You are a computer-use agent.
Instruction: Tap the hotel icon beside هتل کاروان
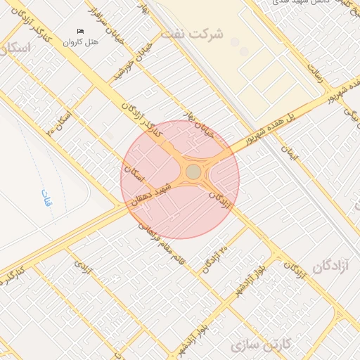[x=80, y=32]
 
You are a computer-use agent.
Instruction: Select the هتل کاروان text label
[x=78, y=43]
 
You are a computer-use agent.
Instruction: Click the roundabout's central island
[x=193, y=172]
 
